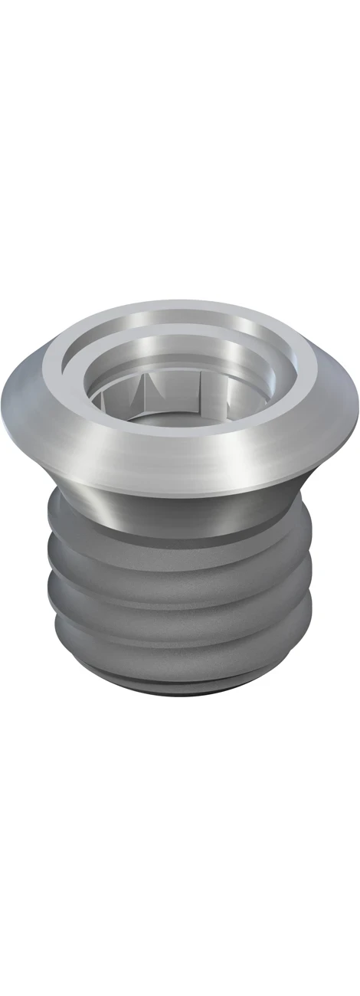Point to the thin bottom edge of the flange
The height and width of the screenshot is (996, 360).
180,490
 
